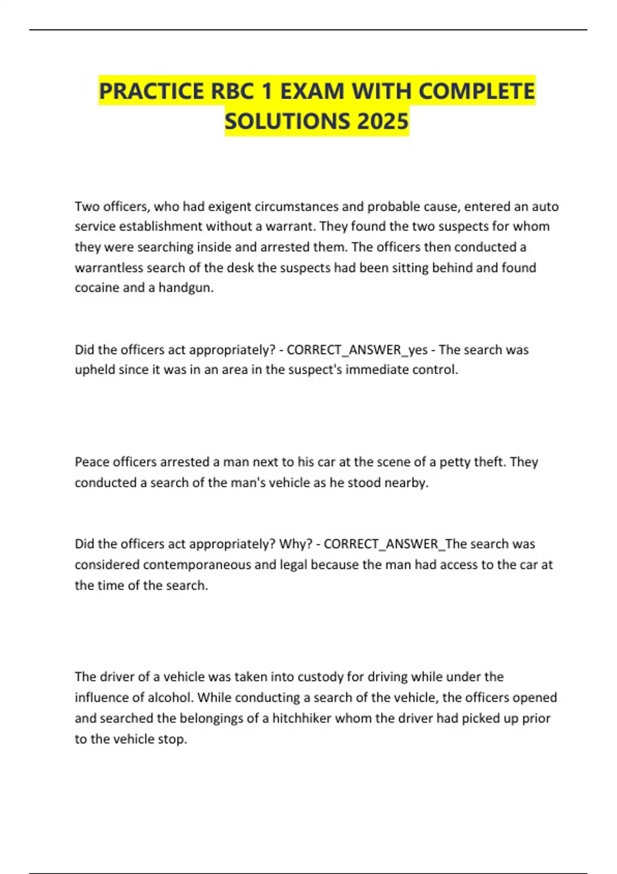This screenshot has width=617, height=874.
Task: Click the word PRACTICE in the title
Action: pos(151,91)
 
